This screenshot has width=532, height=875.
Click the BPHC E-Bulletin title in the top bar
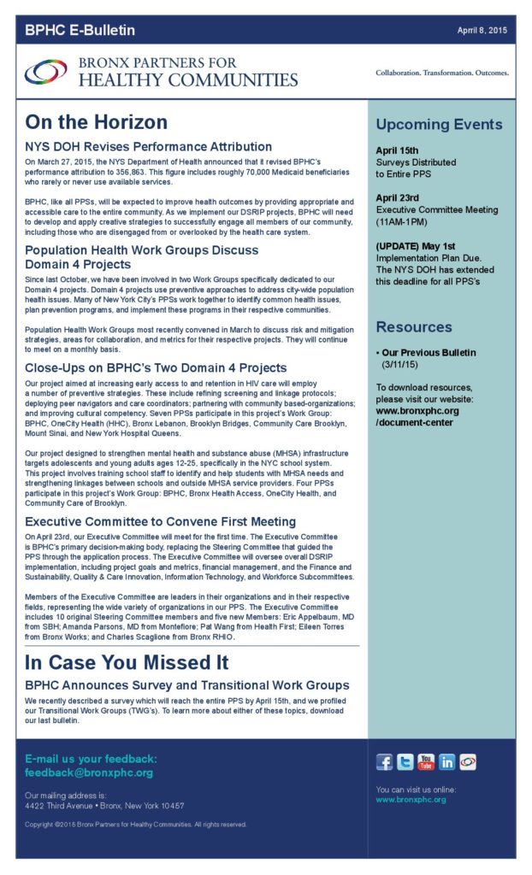click(80, 31)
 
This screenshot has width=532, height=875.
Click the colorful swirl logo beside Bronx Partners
click(45, 73)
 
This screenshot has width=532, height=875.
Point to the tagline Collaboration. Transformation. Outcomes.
click(441, 73)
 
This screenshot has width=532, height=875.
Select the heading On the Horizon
click(96, 122)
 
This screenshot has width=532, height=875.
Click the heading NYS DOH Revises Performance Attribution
click(148, 147)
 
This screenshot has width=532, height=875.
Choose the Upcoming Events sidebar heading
click(439, 125)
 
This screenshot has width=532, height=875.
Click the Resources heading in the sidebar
click(414, 327)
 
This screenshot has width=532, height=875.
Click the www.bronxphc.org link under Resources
click(417, 410)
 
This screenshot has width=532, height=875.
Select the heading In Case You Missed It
click(126, 662)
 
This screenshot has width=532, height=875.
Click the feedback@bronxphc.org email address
click(89, 772)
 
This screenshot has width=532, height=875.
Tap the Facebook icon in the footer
click(385, 762)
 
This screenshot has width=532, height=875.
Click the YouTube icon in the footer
click(426, 762)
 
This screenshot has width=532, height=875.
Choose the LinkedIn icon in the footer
click(446, 762)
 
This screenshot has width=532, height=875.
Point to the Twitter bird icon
click(405, 762)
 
